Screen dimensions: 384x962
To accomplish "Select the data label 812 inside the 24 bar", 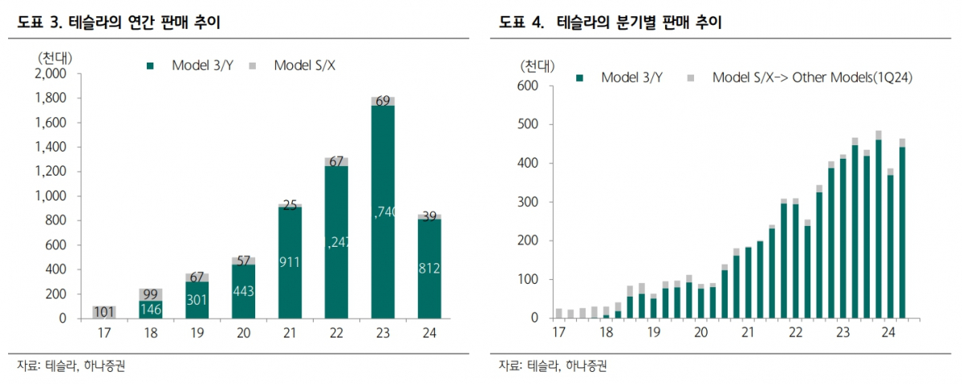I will coord(430,268).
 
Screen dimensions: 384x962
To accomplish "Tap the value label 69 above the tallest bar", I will coord(383,101).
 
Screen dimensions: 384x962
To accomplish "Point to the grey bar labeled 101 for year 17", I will coord(104,312).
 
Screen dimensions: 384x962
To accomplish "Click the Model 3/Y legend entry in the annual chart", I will coord(192,66).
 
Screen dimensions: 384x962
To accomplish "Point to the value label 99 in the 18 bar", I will coord(151,294).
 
